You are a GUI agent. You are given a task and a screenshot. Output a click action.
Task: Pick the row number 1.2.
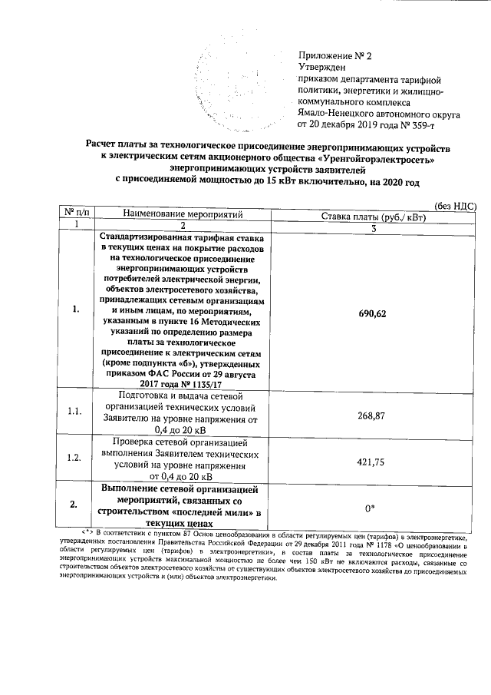click(x=74, y=458)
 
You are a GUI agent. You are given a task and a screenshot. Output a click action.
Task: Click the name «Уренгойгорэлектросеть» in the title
click(x=376, y=158)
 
